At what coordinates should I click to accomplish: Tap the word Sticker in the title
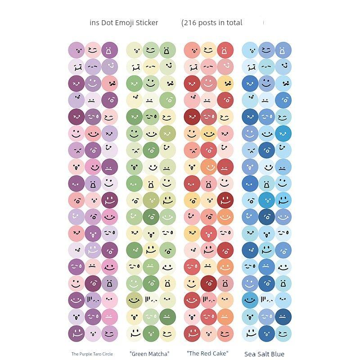click(146, 22)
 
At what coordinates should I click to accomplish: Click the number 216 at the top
click(191, 22)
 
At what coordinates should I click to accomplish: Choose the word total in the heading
click(234, 22)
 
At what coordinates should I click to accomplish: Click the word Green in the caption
click(139, 354)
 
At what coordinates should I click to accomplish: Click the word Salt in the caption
click(264, 354)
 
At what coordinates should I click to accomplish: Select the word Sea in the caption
click(250, 354)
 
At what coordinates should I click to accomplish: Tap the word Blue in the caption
click(278, 354)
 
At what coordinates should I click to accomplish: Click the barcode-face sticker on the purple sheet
click(93, 300)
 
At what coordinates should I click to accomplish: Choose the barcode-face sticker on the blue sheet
click(266, 300)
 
